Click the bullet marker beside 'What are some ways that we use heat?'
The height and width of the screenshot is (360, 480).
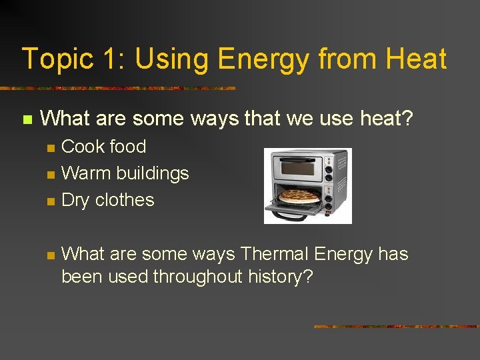coord(27,120)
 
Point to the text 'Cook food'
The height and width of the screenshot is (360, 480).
coord(103,147)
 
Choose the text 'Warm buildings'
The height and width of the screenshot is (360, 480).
coord(125,173)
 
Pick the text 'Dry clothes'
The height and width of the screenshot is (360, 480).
coord(107,200)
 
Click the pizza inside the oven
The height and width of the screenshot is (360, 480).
coord(299,197)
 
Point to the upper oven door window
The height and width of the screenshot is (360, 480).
coord(297,167)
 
